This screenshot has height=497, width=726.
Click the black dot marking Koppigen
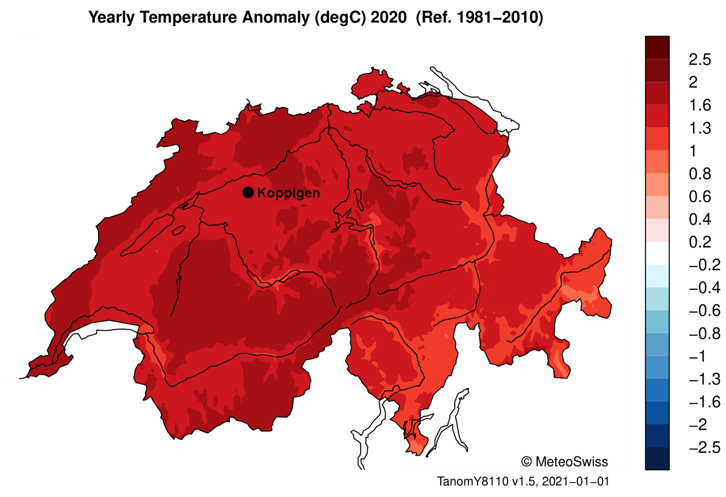coord(248,192)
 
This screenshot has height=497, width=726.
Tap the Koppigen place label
coord(289,193)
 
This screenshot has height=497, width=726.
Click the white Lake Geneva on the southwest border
coord(105,329)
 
